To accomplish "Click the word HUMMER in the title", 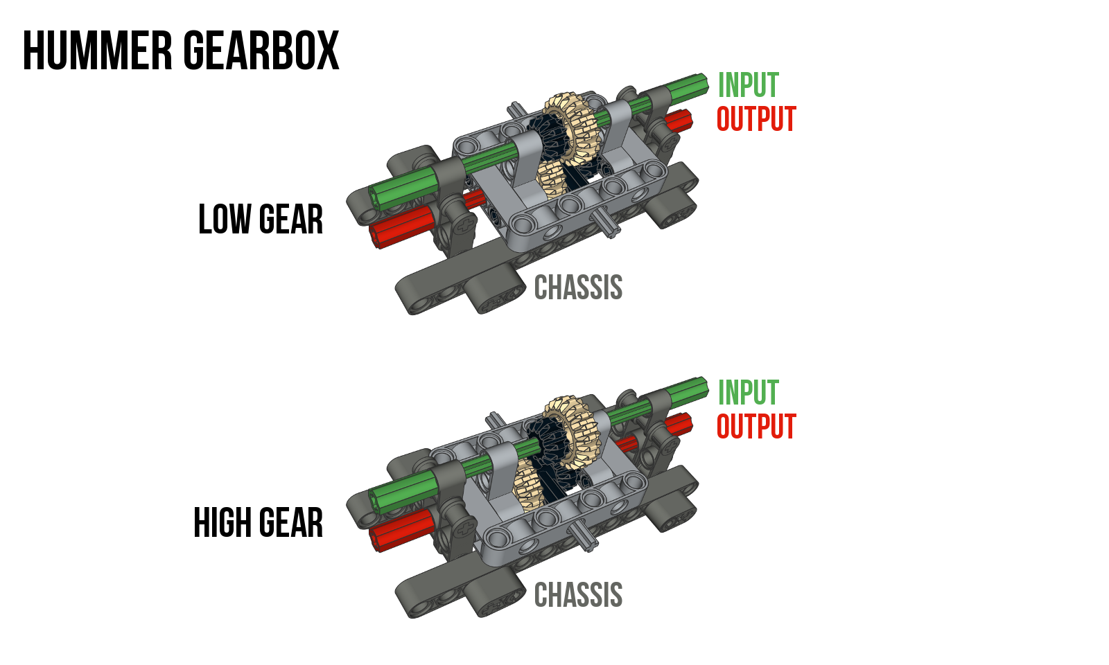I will coord(97,51).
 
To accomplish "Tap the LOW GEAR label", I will coord(261,220).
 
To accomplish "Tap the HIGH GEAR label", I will coord(258,523).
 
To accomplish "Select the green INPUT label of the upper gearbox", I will coord(748,85).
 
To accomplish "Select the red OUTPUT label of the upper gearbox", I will coord(756,119).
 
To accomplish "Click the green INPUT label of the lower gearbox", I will coord(748,393).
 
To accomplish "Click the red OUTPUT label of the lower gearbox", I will coord(756,427).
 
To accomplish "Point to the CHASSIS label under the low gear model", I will coord(578,287).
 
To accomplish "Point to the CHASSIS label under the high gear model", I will coord(578,595).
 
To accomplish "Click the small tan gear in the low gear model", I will coord(552,179).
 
